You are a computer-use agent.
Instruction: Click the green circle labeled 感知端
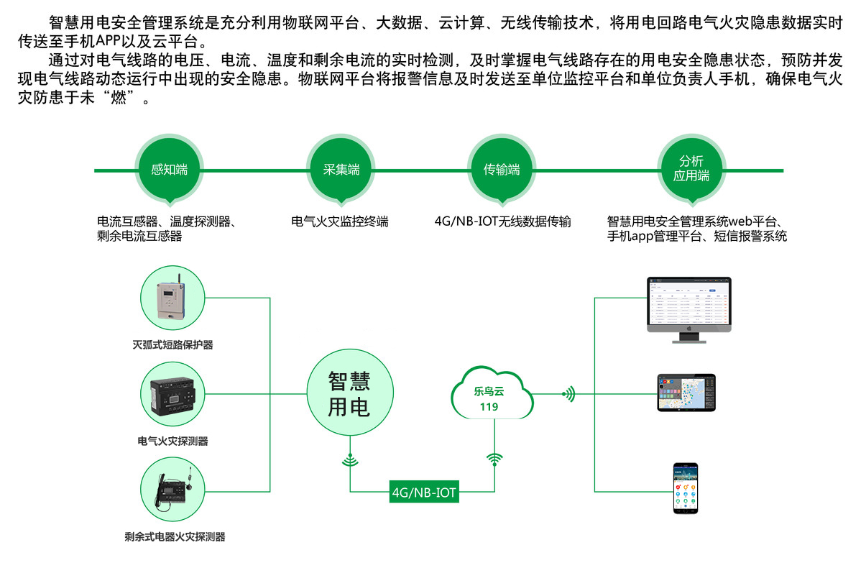click(x=170, y=170)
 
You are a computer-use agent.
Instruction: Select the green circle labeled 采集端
click(x=341, y=170)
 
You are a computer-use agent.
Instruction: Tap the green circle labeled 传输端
click(x=502, y=170)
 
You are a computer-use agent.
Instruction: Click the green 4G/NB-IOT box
click(x=424, y=493)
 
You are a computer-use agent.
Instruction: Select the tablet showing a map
click(x=686, y=392)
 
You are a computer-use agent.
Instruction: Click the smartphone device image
click(x=686, y=488)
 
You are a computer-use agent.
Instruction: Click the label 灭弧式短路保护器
click(x=173, y=344)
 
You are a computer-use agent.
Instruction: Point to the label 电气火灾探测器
click(x=173, y=440)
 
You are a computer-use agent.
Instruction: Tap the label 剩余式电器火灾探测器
click(x=175, y=536)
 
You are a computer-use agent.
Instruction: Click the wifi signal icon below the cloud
click(x=494, y=459)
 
